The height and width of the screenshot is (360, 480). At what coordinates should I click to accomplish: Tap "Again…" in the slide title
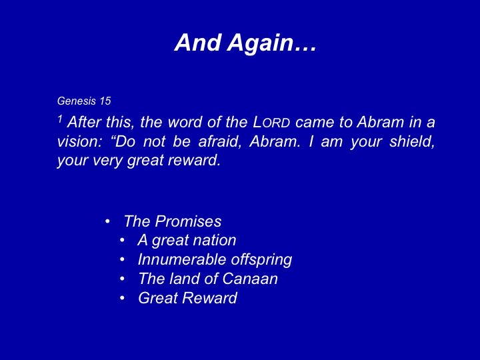click(x=271, y=43)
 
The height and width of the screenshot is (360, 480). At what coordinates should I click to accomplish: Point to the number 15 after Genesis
click(x=105, y=101)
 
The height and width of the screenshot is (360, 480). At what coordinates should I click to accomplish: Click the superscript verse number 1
click(x=60, y=119)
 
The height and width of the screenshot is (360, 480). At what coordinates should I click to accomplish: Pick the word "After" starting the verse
click(x=85, y=122)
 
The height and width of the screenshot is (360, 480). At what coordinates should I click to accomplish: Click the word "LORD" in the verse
click(x=271, y=123)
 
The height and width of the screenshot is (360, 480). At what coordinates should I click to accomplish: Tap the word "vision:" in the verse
click(x=79, y=142)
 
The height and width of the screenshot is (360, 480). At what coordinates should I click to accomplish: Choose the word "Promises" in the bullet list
click(x=188, y=221)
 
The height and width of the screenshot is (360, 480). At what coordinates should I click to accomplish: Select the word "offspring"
click(x=261, y=260)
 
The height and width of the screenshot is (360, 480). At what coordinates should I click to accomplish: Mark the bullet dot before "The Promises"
click(x=107, y=221)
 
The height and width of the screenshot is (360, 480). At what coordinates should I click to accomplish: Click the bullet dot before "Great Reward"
click(x=123, y=298)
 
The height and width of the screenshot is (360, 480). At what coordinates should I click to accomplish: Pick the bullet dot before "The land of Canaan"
click(x=123, y=279)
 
